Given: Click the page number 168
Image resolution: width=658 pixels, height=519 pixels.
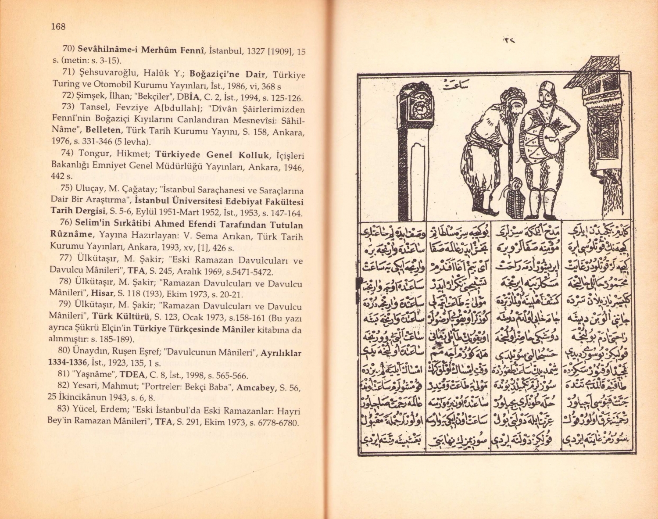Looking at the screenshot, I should pos(58,26).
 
